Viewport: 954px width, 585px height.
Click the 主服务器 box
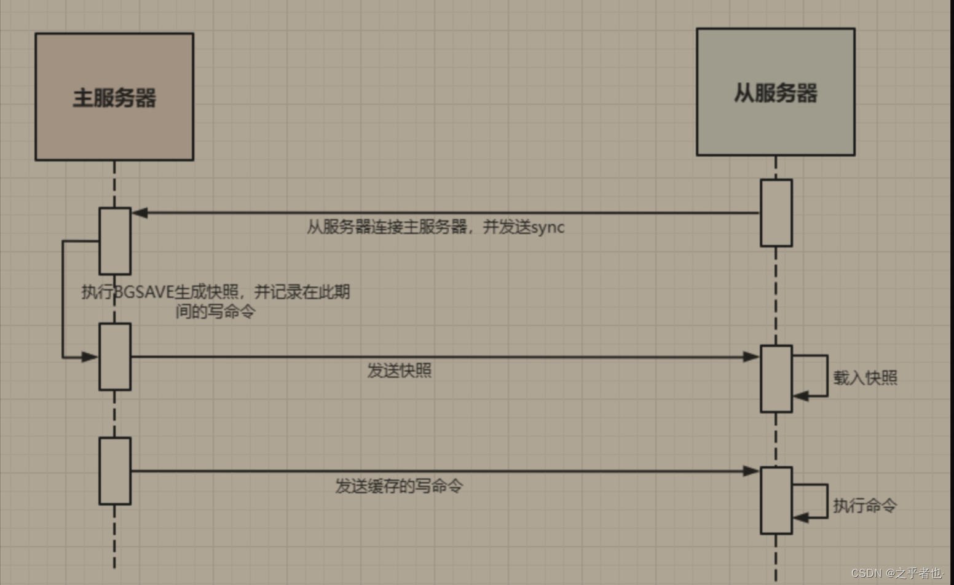point(114,97)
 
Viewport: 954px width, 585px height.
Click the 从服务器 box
point(775,92)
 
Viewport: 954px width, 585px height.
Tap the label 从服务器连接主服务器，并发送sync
point(435,227)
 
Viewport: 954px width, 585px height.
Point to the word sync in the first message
point(548,227)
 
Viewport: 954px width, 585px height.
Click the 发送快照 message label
point(400,371)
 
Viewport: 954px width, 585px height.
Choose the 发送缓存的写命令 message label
point(399,486)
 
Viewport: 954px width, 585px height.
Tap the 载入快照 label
point(865,377)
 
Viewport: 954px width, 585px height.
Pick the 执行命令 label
point(865,505)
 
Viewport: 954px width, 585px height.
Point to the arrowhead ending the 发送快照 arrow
point(751,356)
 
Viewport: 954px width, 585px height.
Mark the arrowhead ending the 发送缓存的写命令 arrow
point(751,471)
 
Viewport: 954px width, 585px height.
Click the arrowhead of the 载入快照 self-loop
point(800,396)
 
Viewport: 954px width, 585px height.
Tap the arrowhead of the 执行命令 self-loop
point(800,518)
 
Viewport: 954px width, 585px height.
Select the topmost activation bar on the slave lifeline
point(776,213)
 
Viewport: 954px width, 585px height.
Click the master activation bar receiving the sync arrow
point(115,241)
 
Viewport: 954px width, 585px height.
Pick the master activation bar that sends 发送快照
point(115,356)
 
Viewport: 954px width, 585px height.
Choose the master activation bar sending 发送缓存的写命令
point(115,471)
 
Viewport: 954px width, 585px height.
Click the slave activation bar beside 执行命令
point(776,500)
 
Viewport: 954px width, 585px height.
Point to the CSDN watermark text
point(897,573)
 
